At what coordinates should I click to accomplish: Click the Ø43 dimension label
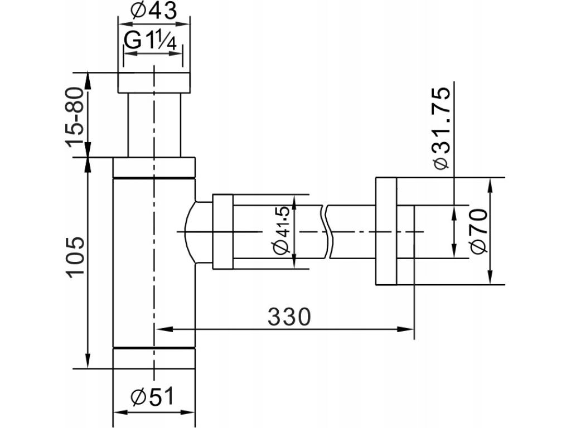154,11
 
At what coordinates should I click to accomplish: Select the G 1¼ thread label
151,40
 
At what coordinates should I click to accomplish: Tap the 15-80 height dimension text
75,117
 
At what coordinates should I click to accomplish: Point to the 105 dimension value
75,257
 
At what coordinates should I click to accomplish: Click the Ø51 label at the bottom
153,396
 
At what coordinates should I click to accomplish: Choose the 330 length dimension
289,317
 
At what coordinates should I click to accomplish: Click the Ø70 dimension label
478,231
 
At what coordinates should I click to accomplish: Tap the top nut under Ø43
154,83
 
